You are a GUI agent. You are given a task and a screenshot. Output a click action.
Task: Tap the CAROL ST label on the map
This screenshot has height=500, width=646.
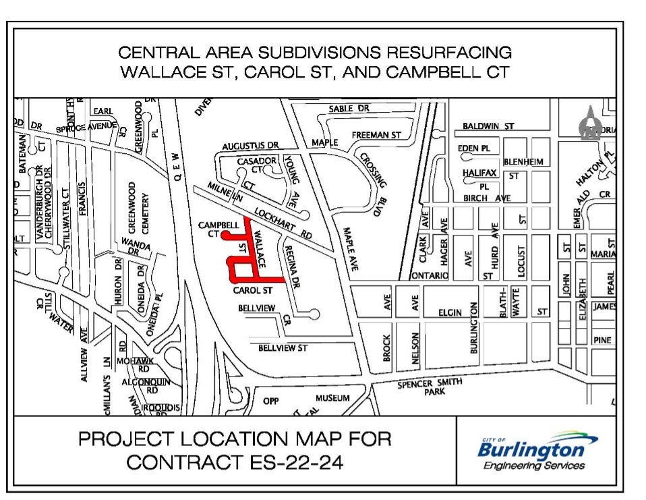(252, 291)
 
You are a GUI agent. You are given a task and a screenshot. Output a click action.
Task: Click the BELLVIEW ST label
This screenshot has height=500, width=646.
(283, 348)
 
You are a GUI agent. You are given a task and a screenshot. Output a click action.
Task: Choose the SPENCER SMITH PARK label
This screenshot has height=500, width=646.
(430, 387)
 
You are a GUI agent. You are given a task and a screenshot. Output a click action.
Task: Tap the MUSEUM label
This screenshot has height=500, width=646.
(332, 398)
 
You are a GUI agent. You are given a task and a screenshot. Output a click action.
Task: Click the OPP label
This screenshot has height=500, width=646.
(270, 401)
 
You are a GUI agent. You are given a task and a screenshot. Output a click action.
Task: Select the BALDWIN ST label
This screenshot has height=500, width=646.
(488, 126)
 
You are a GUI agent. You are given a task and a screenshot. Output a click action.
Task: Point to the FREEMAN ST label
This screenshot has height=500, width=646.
(376, 135)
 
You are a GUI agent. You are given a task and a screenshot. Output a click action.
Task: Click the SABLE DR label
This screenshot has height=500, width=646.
(349, 109)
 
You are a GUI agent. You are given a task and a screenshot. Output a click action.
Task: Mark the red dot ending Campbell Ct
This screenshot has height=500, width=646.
(225, 234)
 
